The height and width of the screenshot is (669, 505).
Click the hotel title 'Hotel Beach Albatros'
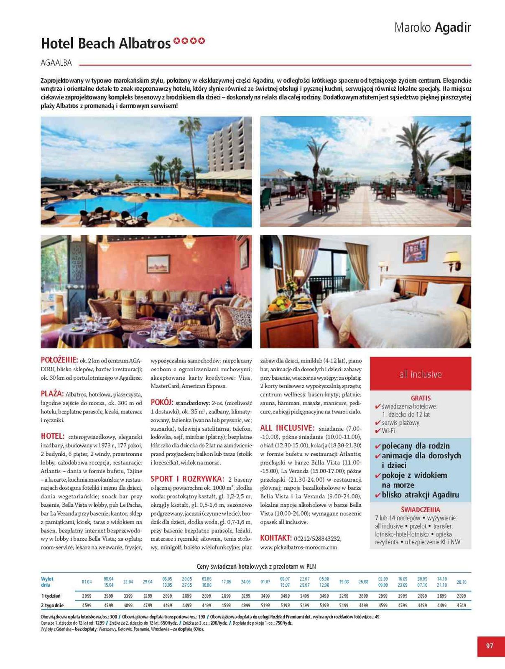(106, 43)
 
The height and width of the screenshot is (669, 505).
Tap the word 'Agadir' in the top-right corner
(453, 28)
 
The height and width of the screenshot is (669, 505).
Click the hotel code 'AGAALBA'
(56, 63)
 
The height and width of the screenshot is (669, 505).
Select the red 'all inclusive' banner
(420, 374)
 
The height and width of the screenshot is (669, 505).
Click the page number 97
(490, 646)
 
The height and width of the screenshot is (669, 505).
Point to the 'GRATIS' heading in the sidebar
(420, 398)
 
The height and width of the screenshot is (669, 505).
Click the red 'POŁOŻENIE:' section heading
(59, 360)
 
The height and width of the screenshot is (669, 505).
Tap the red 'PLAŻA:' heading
(52, 394)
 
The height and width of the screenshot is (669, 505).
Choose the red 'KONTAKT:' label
(275, 538)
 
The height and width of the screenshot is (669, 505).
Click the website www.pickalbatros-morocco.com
(298, 547)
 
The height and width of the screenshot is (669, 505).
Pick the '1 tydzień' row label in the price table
(51, 596)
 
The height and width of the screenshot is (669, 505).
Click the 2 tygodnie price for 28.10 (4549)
(461, 605)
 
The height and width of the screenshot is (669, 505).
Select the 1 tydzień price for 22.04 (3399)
(128, 596)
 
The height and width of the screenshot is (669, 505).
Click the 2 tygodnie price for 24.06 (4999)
(245, 605)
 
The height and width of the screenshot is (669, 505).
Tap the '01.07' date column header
(265, 582)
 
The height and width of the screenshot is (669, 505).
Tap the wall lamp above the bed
(452, 258)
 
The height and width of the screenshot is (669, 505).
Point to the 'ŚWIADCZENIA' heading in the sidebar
(420, 510)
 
